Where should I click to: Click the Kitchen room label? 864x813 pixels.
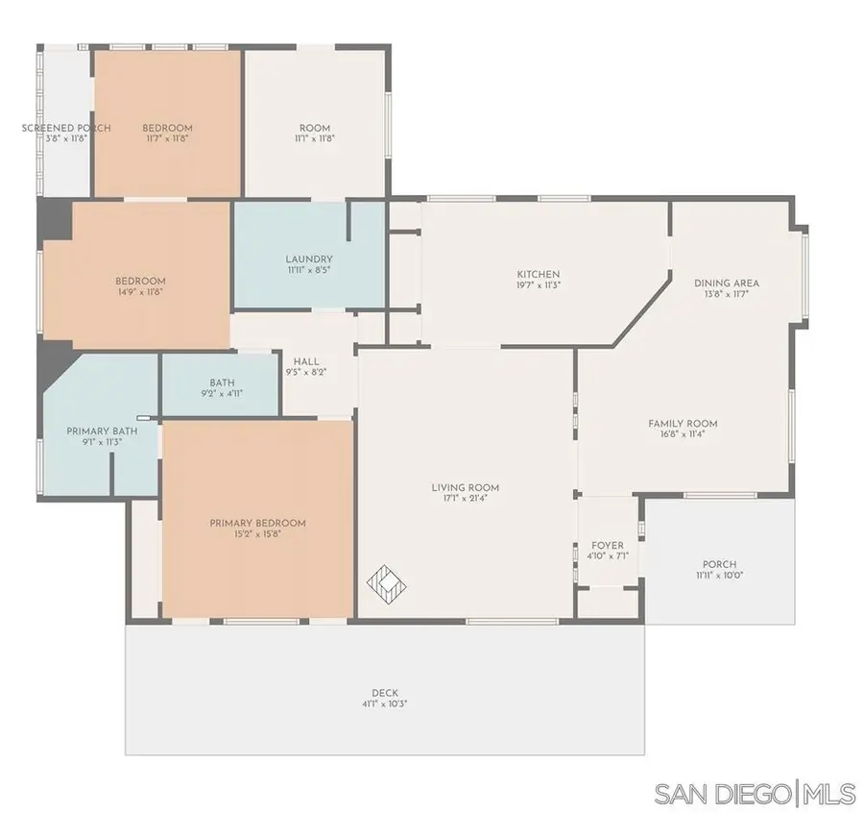[x=538, y=275]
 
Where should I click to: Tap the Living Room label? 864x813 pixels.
[x=466, y=488]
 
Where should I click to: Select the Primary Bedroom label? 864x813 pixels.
[x=258, y=524]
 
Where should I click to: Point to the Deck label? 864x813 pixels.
[x=385, y=693]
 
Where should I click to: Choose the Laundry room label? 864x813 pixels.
[x=309, y=259]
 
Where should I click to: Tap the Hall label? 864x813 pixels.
[x=307, y=361]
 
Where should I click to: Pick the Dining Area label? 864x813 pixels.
[x=727, y=283]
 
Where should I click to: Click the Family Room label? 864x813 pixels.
[x=683, y=424]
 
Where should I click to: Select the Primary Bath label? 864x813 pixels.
[x=102, y=431]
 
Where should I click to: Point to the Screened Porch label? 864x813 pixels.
[x=66, y=128]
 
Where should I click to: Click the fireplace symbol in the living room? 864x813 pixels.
[x=389, y=581]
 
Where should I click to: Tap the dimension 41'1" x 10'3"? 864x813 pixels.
[x=385, y=703]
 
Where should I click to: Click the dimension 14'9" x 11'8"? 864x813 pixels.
[x=140, y=291]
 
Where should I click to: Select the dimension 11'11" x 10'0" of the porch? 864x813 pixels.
[x=720, y=575]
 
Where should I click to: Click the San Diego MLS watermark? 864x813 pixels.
[x=755, y=794]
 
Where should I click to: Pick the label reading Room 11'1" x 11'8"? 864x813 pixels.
[x=315, y=133]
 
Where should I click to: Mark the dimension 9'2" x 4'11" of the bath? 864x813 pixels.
[x=222, y=392]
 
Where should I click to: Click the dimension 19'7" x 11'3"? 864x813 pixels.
[x=538, y=285]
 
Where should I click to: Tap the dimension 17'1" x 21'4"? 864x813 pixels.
[x=466, y=499]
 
